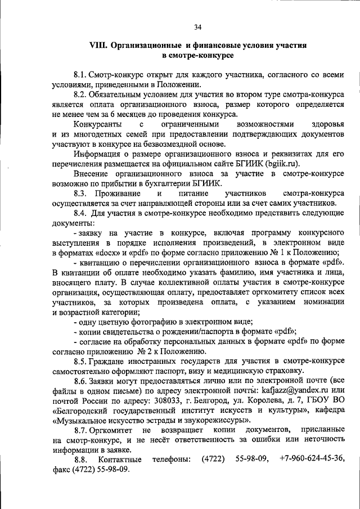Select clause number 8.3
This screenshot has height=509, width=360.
(x=81, y=193)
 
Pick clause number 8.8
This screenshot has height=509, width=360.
(x=81, y=460)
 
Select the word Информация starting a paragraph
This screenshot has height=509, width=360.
(x=99, y=154)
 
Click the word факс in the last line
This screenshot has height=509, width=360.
(x=62, y=470)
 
